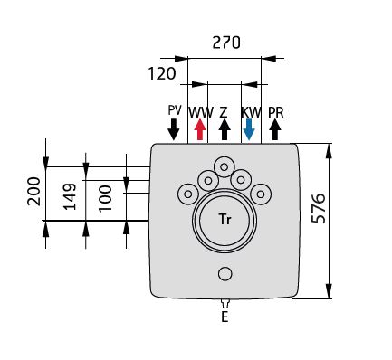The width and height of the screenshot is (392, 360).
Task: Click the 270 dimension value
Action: click(x=226, y=43)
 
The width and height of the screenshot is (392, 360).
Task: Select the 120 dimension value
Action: click(x=162, y=73)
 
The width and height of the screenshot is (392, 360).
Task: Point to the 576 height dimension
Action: click(x=319, y=208)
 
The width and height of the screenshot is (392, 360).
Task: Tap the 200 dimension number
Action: click(x=33, y=191)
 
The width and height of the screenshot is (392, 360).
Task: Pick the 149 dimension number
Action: click(x=70, y=196)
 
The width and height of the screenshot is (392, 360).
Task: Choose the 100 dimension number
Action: click(x=105, y=198)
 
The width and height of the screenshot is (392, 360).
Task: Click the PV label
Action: click(x=175, y=110)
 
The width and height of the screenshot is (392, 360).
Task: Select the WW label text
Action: click(x=201, y=112)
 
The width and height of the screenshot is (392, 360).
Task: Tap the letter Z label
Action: click(x=224, y=112)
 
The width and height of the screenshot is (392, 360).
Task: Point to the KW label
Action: click(x=251, y=112)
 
